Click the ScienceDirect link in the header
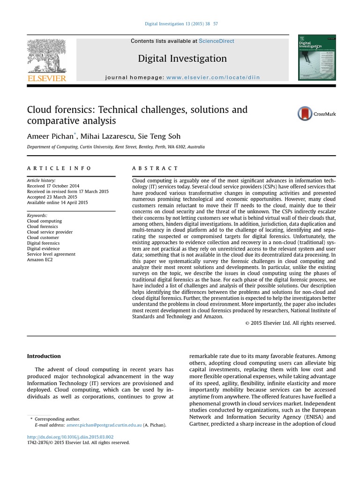pos(216,41)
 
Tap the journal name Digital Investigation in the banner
pos(182,59)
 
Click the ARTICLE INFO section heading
pos(59,168)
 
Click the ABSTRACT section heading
pos(155,168)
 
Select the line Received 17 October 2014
pos(53,186)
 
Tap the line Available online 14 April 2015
pos(57,202)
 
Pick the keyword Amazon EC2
pos(40,260)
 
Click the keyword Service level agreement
pos(51,254)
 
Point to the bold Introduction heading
pos(44,356)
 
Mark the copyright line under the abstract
pos(291,323)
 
